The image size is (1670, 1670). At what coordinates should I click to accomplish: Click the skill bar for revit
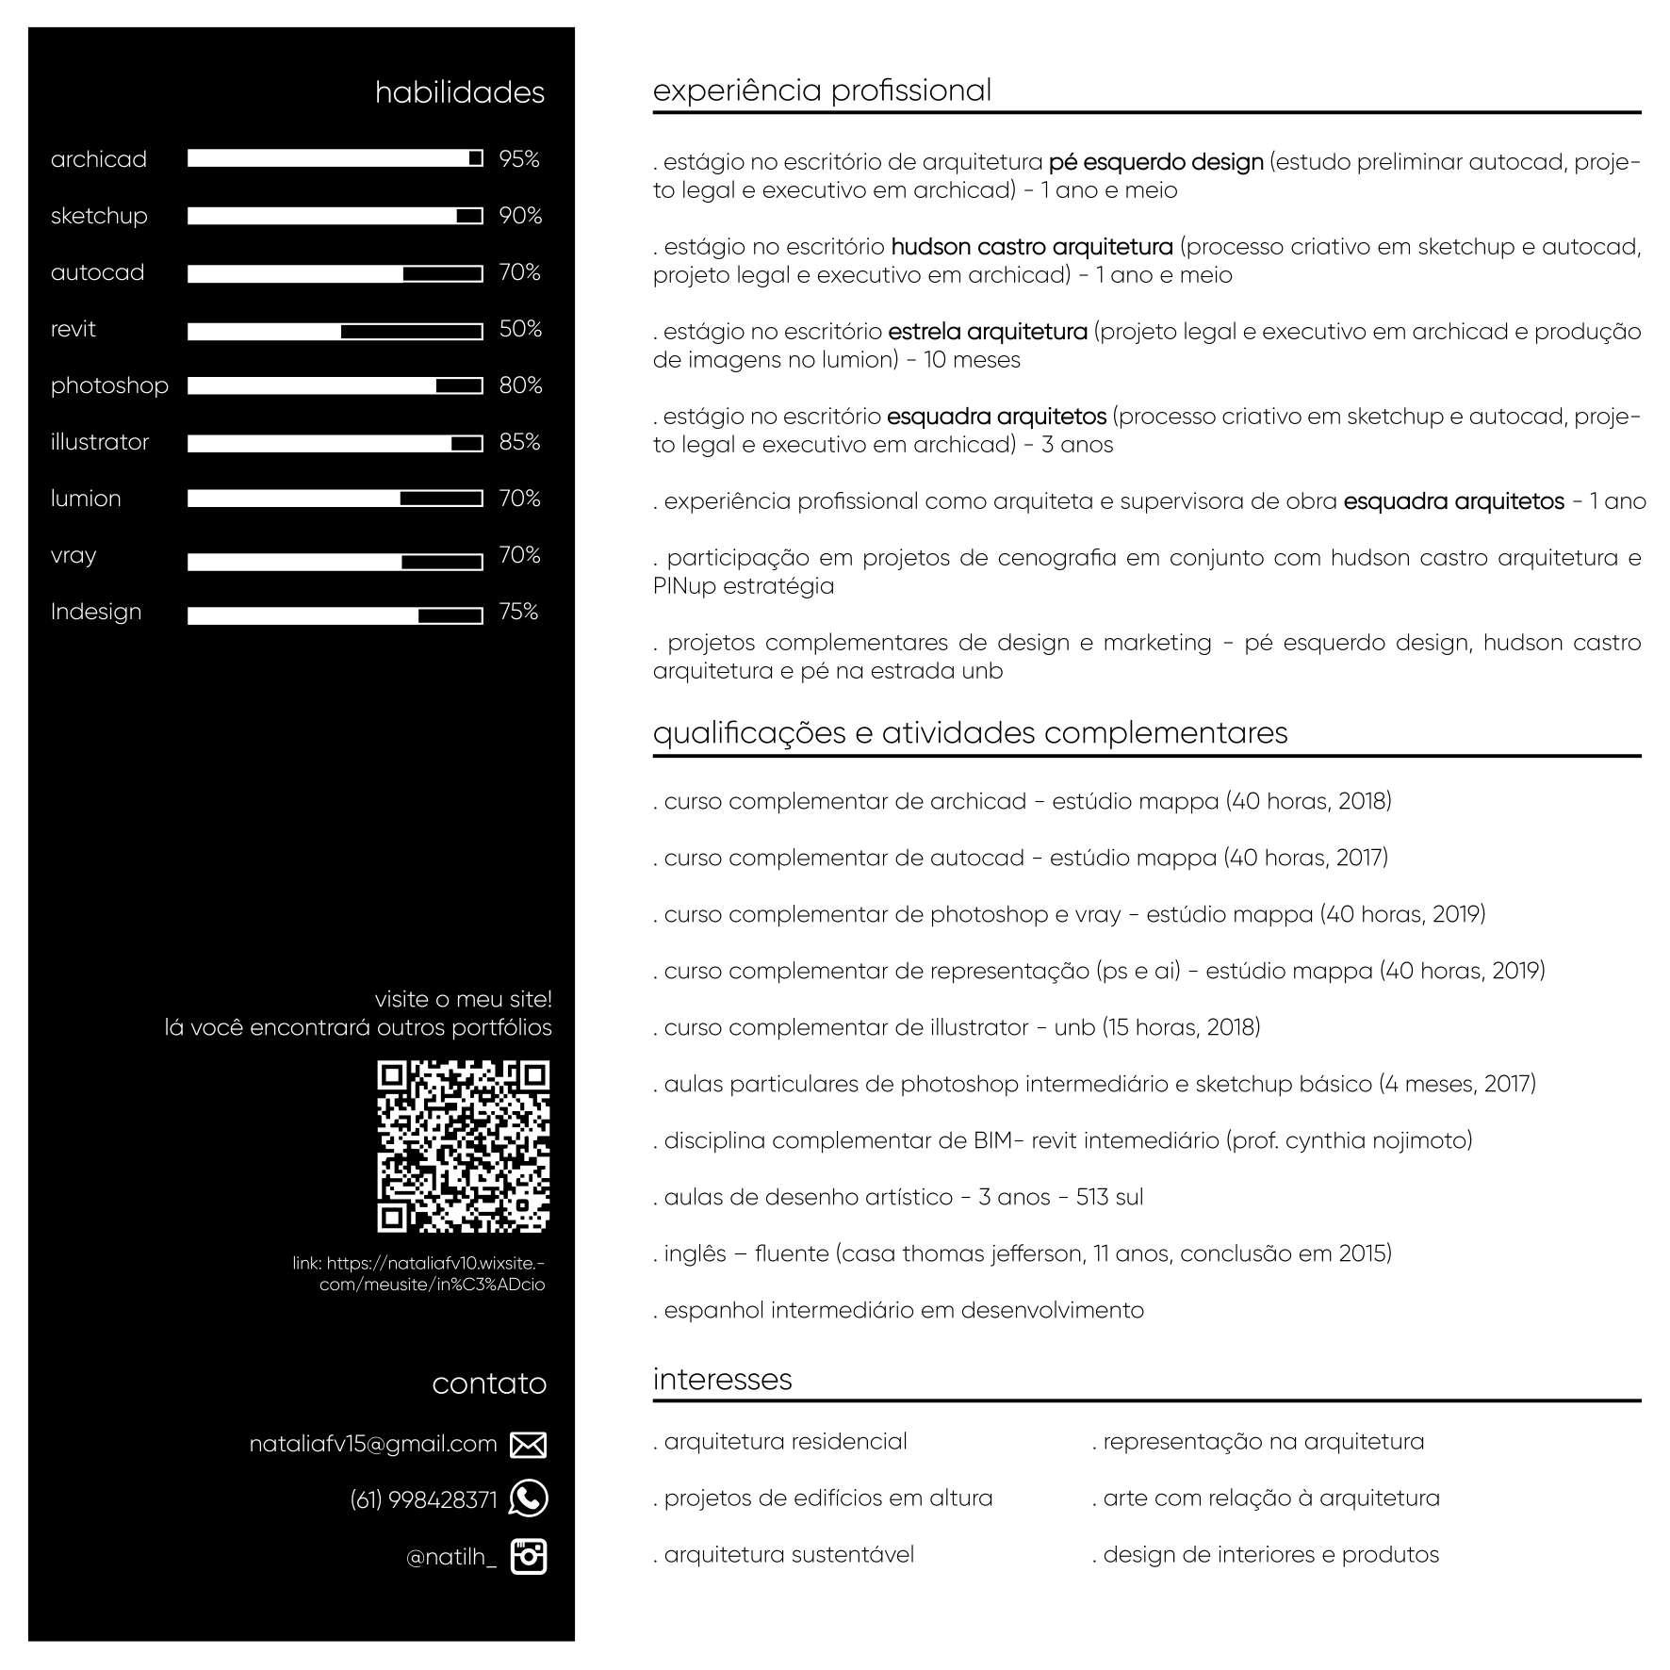tap(335, 332)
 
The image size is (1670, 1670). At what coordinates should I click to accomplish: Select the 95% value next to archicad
tap(518, 159)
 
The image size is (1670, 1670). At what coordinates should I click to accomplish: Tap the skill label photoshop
tap(109, 386)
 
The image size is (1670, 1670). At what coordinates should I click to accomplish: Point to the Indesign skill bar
tap(335, 615)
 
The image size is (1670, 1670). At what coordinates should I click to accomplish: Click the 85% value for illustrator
tap(519, 442)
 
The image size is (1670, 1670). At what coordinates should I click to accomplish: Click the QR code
tap(463, 1146)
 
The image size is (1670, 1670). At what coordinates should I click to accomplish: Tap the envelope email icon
tap(528, 1445)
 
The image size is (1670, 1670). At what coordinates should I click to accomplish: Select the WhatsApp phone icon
tap(528, 1498)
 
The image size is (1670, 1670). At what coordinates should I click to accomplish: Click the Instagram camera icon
tap(528, 1556)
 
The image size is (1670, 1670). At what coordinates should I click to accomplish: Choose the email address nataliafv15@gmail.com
tap(372, 1444)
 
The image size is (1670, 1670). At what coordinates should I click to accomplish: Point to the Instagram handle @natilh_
tap(450, 1557)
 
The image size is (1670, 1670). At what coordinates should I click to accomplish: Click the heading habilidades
tap(459, 92)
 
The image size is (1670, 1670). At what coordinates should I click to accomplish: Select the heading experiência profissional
tap(822, 90)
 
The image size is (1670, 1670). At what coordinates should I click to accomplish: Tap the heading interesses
tap(722, 1379)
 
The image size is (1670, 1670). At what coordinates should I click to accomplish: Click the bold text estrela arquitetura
tap(988, 332)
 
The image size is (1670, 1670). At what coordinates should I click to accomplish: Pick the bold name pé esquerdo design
tap(1155, 162)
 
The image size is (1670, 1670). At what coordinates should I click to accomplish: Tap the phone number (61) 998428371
tap(423, 1499)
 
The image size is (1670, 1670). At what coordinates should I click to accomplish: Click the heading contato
tap(488, 1383)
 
